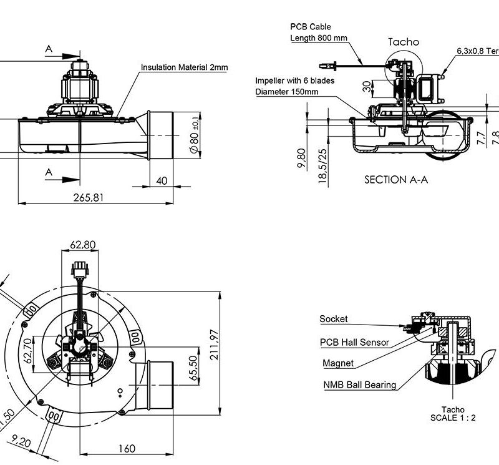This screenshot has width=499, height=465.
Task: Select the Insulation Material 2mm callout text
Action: pos(184,67)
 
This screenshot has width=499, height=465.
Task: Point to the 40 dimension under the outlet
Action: pos(162,180)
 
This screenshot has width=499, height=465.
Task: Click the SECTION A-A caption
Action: pos(396,179)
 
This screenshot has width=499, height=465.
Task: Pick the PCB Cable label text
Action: pos(311,27)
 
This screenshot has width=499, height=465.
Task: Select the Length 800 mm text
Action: pos(319,38)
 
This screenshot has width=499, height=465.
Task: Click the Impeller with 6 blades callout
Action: pos(295,81)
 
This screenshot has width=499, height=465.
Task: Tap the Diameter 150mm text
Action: pos(287,92)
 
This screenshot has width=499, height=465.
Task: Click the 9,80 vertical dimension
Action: pos(302,159)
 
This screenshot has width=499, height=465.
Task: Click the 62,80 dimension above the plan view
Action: pos(83,244)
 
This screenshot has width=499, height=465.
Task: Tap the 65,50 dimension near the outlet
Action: pos(193,369)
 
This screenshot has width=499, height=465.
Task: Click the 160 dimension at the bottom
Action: pos(127,448)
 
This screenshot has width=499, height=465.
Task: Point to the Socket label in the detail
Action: pos(334,319)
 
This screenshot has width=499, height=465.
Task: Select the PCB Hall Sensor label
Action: pos(354,342)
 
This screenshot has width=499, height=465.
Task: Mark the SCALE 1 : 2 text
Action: pos(453,418)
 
